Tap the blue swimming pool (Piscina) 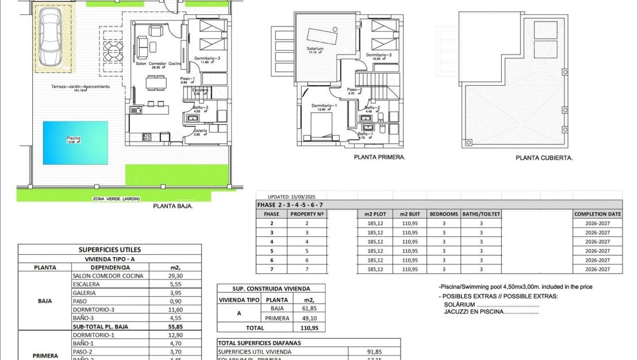click(x=76, y=140)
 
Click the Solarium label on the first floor click(x=316, y=49)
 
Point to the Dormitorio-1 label click(x=324, y=106)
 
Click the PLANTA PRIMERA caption click(x=379, y=156)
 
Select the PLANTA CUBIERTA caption click(x=544, y=157)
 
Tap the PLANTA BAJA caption click(x=172, y=205)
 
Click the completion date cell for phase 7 click(x=597, y=269)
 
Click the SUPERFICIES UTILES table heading click(x=109, y=250)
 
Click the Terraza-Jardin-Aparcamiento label click(x=80, y=87)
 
